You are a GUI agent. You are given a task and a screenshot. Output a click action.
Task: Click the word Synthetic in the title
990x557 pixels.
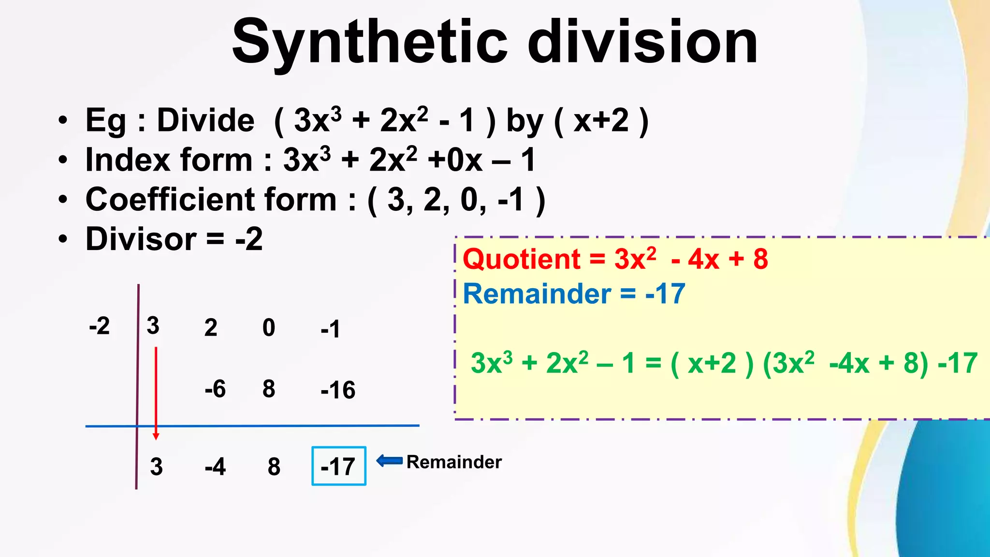click(370, 43)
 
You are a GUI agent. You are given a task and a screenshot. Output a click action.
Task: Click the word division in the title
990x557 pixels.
click(642, 43)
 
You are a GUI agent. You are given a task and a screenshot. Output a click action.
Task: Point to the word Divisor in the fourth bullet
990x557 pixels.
click(141, 239)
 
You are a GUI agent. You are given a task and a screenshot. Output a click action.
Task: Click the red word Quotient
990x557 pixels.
click(522, 260)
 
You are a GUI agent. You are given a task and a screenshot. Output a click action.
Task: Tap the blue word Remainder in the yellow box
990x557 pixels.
click(537, 294)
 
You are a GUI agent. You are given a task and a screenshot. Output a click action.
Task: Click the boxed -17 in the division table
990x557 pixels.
click(338, 467)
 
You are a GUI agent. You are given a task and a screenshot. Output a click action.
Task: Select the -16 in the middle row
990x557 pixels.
click(337, 390)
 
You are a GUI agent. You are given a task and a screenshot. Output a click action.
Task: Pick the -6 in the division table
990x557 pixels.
click(215, 389)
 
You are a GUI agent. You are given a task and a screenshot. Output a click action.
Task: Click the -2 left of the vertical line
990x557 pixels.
click(100, 326)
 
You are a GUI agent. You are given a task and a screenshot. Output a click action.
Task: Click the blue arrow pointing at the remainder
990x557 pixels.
click(389, 461)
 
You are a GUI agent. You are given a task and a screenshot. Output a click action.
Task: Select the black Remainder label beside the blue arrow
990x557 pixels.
click(453, 462)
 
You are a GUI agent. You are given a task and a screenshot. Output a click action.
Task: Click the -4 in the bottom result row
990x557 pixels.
click(215, 467)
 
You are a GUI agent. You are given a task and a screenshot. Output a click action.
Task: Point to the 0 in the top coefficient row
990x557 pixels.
click(269, 328)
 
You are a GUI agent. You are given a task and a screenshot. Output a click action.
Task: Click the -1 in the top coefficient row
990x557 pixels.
click(330, 329)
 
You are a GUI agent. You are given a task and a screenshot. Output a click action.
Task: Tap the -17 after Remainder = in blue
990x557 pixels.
click(665, 294)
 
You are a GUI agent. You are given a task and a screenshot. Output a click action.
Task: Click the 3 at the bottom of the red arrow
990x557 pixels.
click(156, 467)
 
